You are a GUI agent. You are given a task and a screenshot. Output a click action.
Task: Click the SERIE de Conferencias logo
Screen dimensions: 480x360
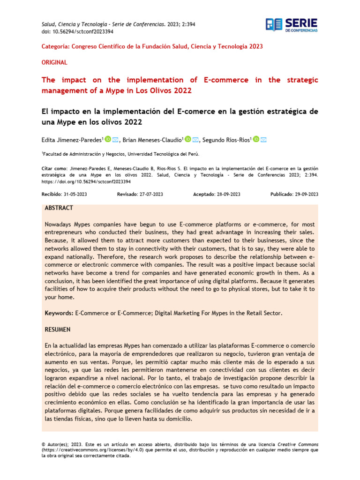291,25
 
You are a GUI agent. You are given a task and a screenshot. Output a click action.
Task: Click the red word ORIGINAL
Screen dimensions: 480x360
54,62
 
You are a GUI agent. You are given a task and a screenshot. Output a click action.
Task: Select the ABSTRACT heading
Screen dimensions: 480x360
59,208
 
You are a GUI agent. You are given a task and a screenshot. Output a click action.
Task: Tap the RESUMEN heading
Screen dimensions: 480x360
58,330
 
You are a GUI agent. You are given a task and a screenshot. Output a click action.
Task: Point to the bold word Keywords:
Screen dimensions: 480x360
59,313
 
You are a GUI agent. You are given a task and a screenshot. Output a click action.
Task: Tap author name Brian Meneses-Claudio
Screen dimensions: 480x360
153,140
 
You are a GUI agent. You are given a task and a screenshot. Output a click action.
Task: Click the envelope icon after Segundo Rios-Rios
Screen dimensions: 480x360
263,139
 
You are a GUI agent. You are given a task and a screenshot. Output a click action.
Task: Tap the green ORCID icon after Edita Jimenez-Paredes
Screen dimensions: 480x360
108,139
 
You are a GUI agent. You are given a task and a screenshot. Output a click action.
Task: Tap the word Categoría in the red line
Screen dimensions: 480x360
55,46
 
